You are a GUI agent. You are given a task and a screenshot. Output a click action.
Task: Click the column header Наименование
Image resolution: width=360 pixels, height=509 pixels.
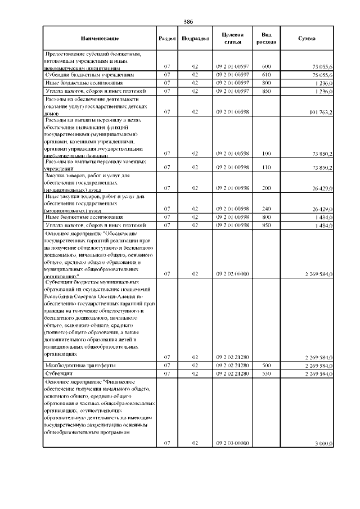click(100, 38)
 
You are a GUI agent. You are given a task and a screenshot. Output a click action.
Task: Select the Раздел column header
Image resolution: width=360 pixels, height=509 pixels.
click(167, 38)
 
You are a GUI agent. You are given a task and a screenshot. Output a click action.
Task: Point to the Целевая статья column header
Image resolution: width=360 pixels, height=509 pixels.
click(232, 38)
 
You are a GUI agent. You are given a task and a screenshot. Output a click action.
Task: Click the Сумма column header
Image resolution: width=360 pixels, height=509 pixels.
click(307, 38)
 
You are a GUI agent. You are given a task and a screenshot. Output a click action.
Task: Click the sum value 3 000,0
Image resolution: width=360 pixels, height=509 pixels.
click(324, 444)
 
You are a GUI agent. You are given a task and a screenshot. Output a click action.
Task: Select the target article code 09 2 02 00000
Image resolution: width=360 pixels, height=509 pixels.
click(232, 274)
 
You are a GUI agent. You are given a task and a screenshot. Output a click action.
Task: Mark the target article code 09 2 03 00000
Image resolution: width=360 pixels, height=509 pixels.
click(232, 444)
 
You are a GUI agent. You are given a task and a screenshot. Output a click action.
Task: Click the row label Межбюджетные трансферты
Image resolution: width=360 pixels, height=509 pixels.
click(76, 365)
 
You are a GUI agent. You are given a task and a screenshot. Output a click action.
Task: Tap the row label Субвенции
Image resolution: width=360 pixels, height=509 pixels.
click(59, 373)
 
